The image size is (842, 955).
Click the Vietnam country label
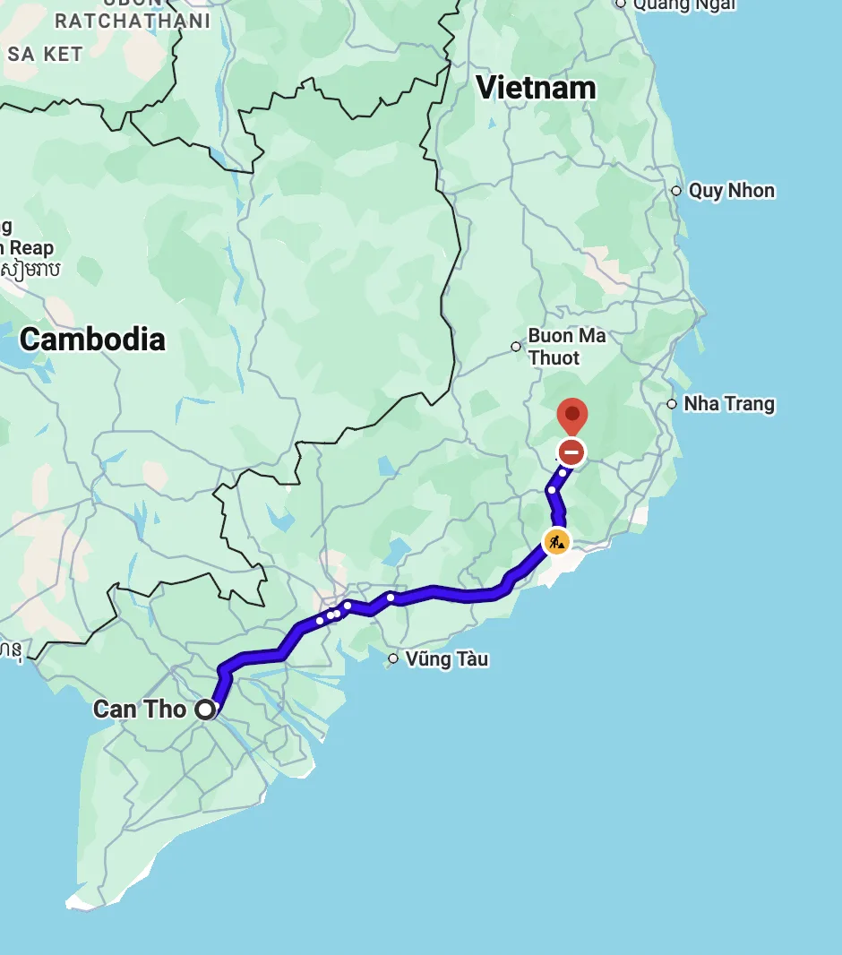536,88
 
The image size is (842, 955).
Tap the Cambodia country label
92,340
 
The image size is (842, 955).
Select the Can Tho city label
140,710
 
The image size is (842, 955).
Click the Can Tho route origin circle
206,710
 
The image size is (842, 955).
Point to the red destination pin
571,417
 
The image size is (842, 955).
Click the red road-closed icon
571,452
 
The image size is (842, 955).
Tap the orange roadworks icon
556,541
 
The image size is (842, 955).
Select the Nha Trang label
729,404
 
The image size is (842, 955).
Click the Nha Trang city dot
672,404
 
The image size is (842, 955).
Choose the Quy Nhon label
731,191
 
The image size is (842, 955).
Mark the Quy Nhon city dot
676,191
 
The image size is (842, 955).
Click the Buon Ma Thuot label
566,347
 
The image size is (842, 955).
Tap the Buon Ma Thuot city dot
516,347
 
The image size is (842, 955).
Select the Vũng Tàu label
446,659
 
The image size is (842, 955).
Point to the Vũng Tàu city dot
392,659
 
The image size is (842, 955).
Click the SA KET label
45,54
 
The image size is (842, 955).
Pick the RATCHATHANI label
133,21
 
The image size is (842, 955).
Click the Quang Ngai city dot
621,4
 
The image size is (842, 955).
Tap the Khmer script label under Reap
30,269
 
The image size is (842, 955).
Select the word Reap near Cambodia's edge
30,248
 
